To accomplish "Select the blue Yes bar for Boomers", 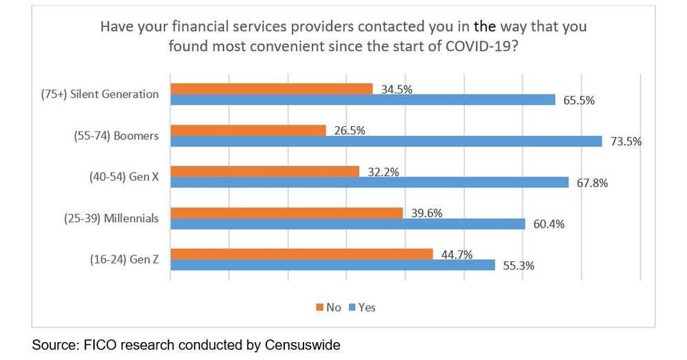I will [387, 141].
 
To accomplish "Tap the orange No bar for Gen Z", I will [301, 254].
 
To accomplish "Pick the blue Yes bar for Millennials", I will [348, 224].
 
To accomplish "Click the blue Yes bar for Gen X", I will [369, 183].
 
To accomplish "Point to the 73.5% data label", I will [626, 141].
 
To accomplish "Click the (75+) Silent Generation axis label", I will [100, 94].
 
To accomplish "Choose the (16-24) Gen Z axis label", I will [124, 260].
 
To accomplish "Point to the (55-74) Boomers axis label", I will [116, 136].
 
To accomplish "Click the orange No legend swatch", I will [319, 307].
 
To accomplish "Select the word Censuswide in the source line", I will [303, 345].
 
